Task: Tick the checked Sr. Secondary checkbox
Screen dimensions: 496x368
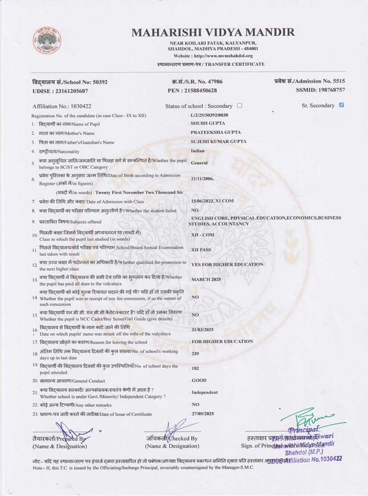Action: (342, 105)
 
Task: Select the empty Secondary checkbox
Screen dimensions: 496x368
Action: (240, 105)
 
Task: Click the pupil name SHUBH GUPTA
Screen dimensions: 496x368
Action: (208, 123)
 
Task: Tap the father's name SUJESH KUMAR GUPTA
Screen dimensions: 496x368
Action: (219, 141)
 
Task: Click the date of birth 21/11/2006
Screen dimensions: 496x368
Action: (202, 179)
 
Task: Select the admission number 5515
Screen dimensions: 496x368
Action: (339, 81)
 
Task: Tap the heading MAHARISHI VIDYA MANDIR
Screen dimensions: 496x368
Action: (213, 32)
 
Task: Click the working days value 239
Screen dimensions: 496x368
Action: (195, 354)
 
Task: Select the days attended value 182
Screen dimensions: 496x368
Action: (195, 368)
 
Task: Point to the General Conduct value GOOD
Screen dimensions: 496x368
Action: (199, 381)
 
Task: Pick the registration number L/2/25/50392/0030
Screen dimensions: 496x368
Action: (209, 115)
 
